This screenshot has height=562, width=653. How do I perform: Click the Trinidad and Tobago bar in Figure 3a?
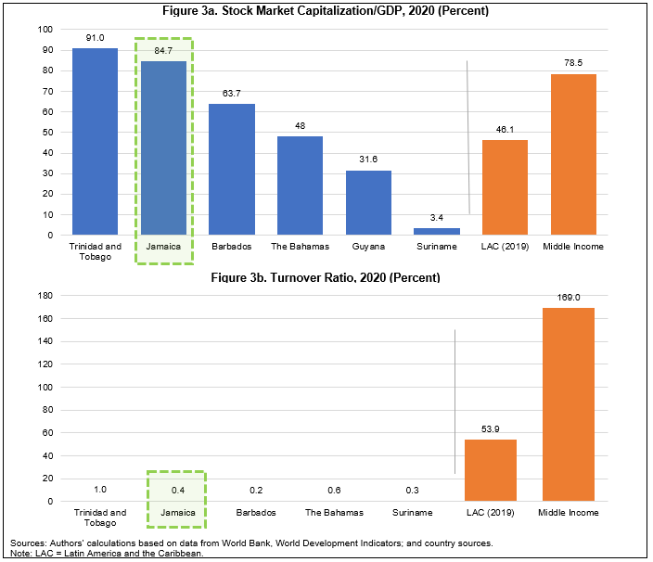tap(95, 141)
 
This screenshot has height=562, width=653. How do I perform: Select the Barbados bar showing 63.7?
tap(232, 169)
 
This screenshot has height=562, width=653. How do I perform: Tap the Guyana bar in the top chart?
tap(368, 202)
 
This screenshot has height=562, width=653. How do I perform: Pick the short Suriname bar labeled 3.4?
tap(437, 231)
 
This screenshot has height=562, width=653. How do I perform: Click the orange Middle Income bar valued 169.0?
tap(568, 404)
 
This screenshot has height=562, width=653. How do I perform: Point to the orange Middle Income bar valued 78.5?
tap(573, 154)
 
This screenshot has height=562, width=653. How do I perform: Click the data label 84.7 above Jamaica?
tap(163, 52)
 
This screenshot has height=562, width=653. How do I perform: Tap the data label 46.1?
tap(505, 131)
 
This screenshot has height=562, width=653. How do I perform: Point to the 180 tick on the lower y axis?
tap(45, 296)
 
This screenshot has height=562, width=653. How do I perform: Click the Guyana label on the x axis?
tap(368, 247)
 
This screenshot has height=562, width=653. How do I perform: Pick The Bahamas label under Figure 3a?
tap(300, 247)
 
